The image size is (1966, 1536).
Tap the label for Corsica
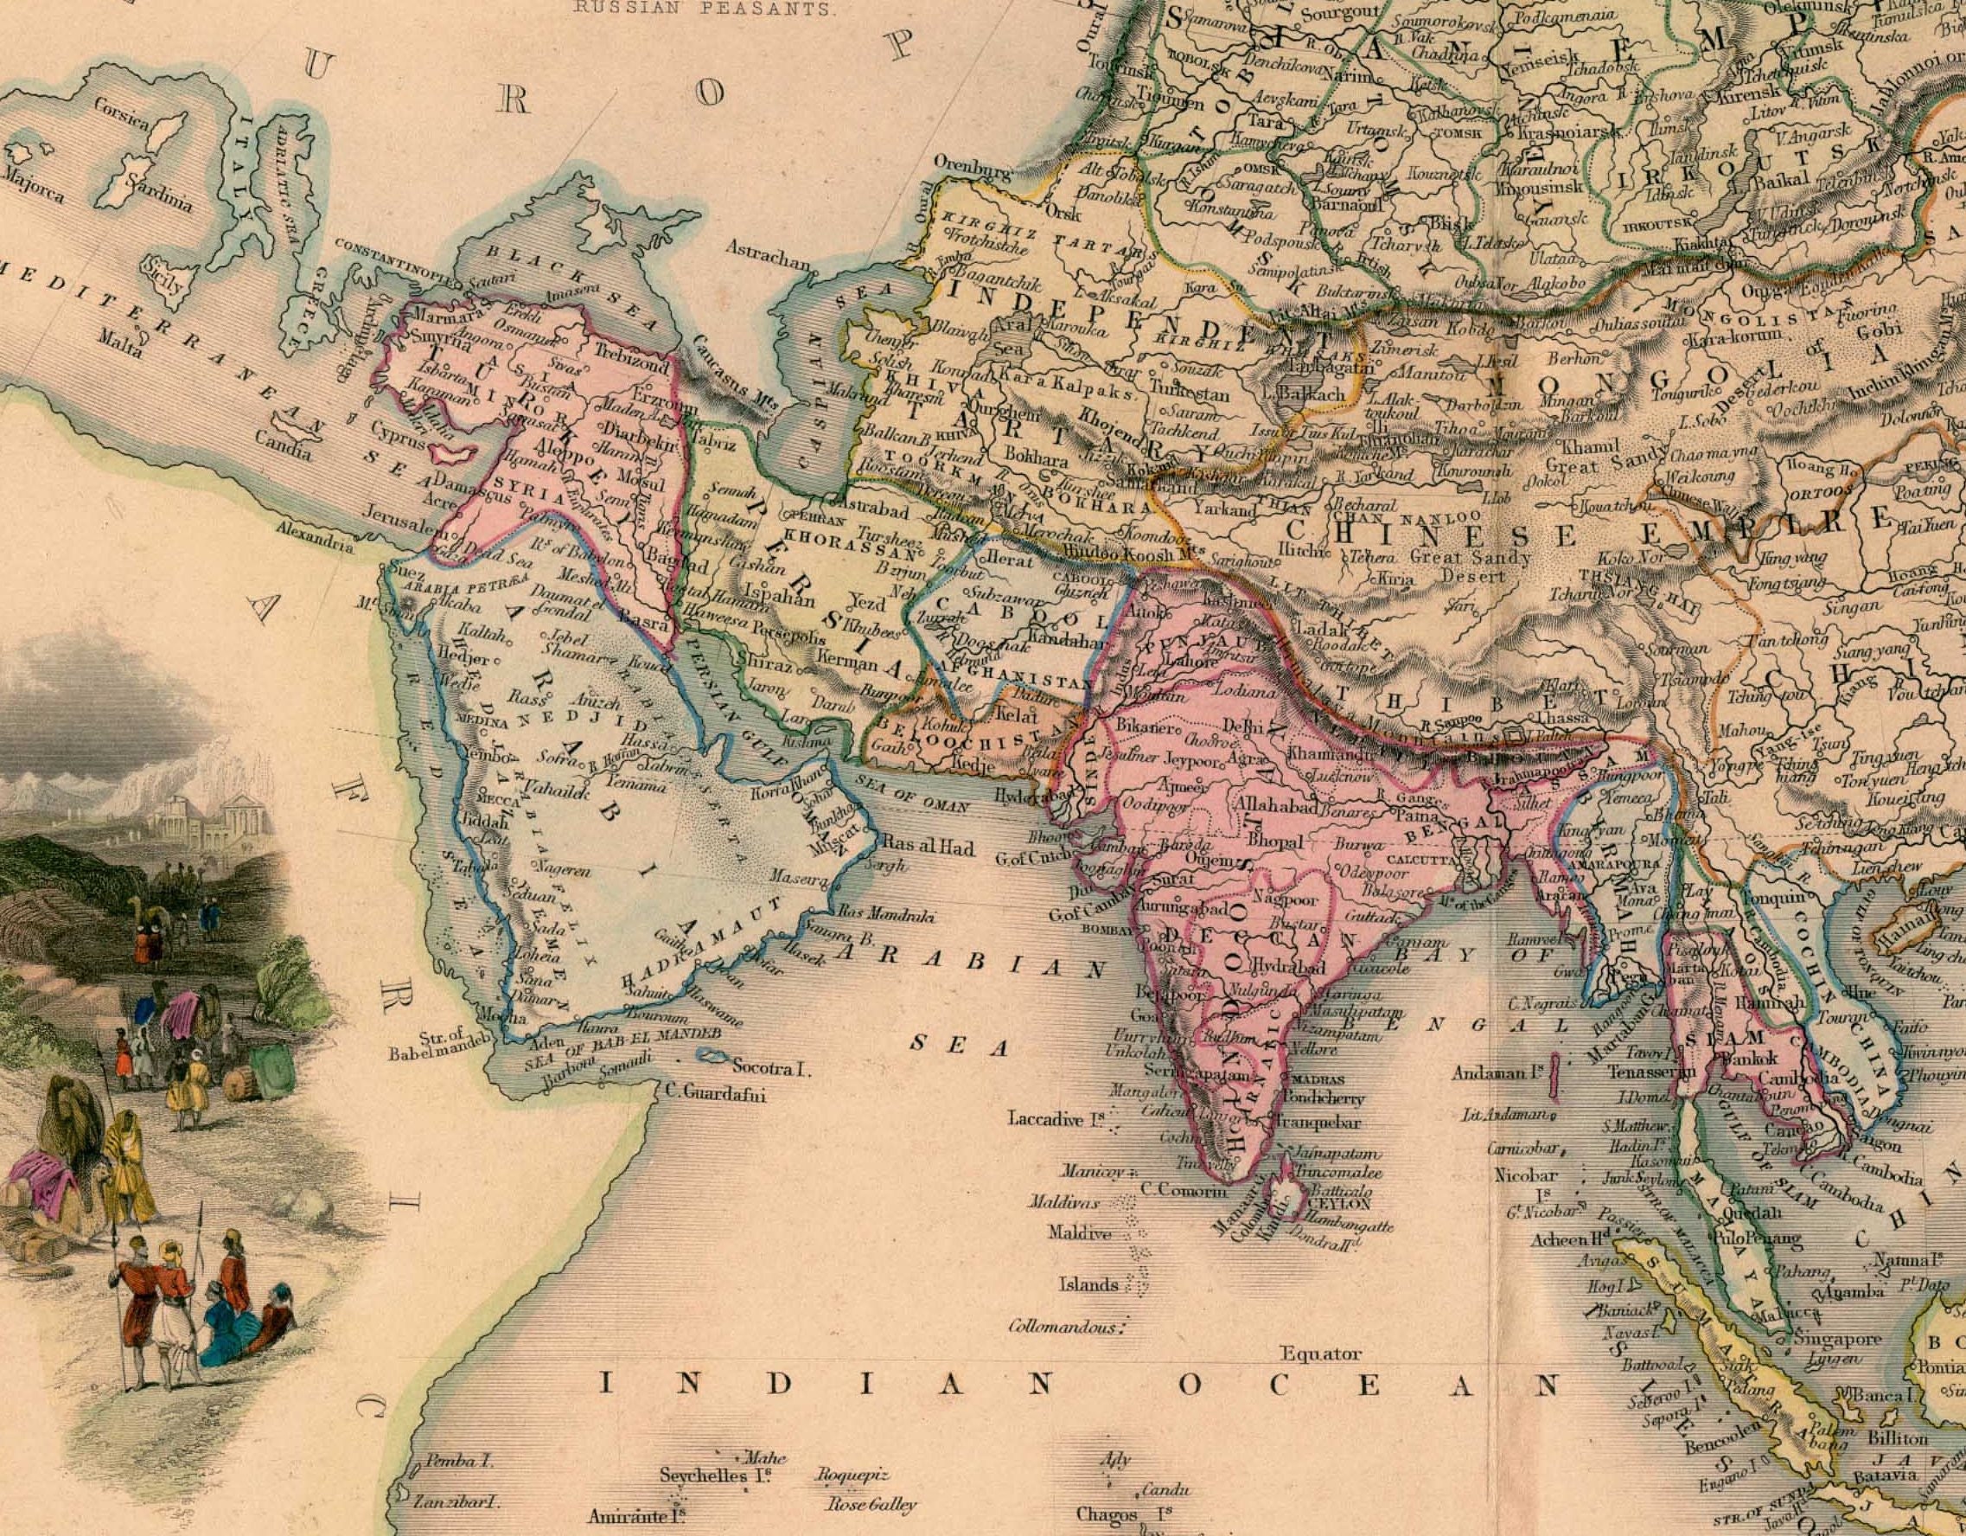coord(122,112)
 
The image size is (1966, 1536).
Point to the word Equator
coord(1320,1354)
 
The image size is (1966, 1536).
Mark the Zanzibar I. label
coord(455,1502)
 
